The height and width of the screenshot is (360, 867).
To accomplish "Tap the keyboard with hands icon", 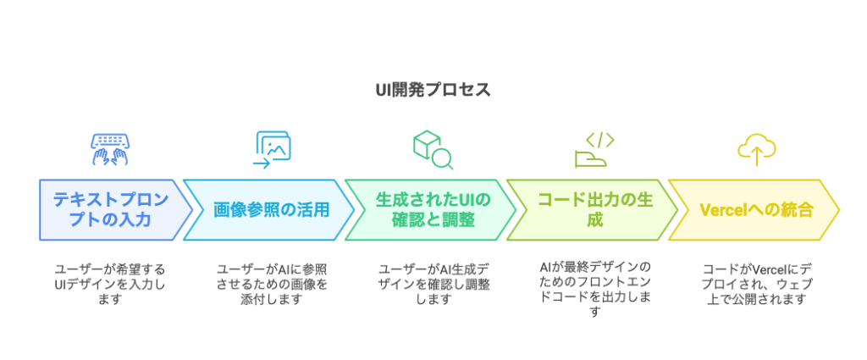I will pos(110,149).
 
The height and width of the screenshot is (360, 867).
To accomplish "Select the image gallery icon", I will pos(273,149).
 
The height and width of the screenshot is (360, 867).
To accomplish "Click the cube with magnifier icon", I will pos(433,149).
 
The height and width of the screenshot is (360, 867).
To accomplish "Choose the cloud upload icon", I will pos(757,149).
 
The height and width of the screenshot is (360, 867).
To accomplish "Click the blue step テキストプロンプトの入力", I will pos(111,209).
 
